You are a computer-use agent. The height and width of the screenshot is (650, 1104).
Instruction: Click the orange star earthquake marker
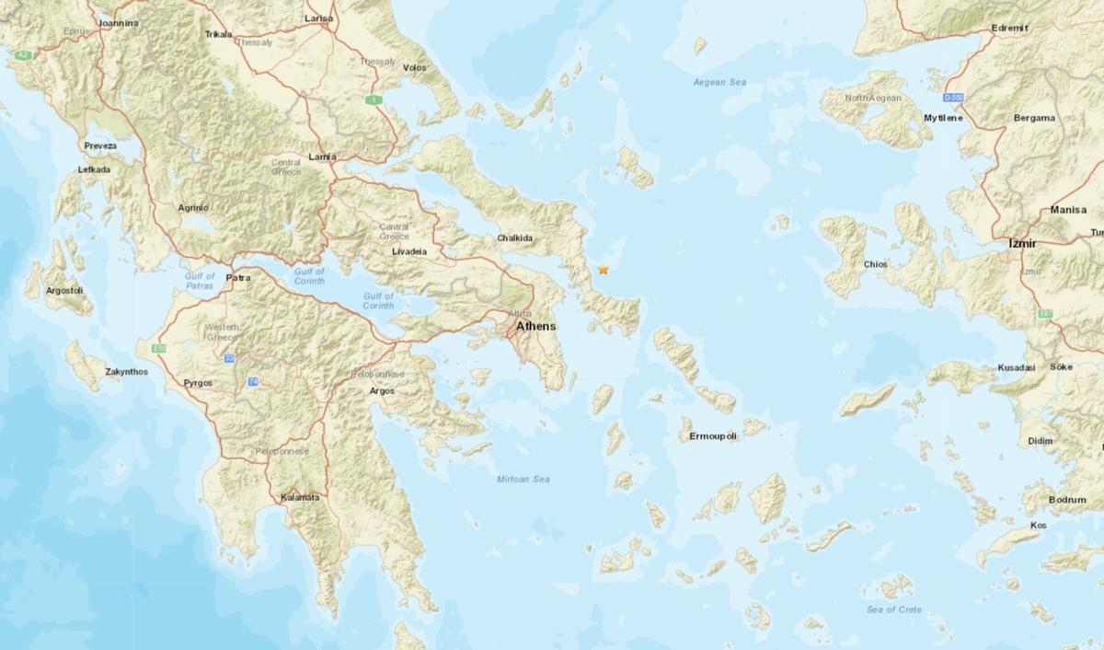coord(604,270)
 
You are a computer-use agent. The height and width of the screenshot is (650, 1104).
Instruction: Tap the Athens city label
coord(535,327)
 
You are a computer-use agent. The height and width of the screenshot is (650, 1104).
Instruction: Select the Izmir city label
coord(1021,244)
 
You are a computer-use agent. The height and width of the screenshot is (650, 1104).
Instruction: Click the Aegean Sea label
coord(719,83)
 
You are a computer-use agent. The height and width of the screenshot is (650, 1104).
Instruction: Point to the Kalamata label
coord(300,498)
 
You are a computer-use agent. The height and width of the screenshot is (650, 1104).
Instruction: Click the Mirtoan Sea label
coord(523,480)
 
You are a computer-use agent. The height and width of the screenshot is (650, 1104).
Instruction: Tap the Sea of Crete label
coord(892,610)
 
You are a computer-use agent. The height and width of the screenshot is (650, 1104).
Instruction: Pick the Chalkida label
coord(515,238)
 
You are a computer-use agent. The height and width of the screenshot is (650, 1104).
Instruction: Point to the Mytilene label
coord(943,119)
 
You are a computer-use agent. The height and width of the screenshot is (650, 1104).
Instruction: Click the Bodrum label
coord(1067,499)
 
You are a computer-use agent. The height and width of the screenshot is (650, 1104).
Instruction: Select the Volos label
coord(415,68)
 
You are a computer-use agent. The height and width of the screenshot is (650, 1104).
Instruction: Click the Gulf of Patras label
coord(200,281)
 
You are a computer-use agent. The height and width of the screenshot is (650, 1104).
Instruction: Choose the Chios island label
coord(875,264)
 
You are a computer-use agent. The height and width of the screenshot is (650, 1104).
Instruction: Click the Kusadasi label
coord(1017,368)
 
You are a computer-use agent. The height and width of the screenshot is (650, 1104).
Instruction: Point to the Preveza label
coord(100,146)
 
